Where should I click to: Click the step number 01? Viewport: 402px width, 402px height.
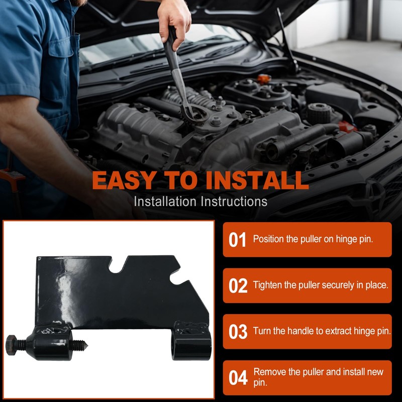(x=237, y=240)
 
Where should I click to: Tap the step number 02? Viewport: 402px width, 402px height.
(x=238, y=285)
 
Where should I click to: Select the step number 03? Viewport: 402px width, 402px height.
(x=238, y=332)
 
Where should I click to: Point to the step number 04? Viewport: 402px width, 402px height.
(x=238, y=377)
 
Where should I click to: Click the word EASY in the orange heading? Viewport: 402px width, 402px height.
(x=124, y=180)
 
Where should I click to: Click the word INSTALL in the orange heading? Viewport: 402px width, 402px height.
(x=257, y=180)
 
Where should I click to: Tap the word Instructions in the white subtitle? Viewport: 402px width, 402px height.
(x=234, y=202)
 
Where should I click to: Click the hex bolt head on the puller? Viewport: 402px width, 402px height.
(x=11, y=345)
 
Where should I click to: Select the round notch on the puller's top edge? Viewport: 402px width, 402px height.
(x=116, y=267)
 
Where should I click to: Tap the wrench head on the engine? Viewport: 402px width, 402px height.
(x=193, y=114)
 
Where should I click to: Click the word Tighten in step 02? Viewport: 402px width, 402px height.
(x=267, y=285)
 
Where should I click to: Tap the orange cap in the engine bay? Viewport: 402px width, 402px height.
(x=264, y=78)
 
